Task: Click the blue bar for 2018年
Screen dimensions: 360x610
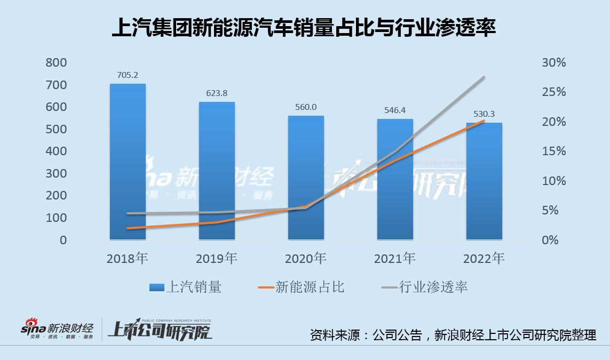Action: [x=128, y=160]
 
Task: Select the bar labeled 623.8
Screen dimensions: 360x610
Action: [x=217, y=171]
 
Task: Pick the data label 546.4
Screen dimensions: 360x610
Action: [x=395, y=110]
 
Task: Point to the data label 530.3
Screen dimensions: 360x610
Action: [x=484, y=114]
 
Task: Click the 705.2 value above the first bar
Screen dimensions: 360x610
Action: [x=128, y=75]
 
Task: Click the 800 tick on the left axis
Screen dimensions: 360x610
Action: [x=56, y=63]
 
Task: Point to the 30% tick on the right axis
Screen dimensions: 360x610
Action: [x=553, y=63]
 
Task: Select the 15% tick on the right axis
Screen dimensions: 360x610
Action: [x=553, y=151]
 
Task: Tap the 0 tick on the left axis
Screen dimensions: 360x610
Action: [x=63, y=241]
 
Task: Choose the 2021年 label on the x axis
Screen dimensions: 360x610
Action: [x=395, y=259]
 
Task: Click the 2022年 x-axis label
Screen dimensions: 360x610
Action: [x=484, y=259]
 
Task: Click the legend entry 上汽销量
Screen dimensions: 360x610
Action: [x=186, y=287]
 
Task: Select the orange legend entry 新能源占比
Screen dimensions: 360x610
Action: [x=302, y=287]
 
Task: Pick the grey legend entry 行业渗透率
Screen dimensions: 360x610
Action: [x=425, y=287]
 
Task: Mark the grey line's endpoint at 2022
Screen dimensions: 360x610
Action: [x=484, y=77]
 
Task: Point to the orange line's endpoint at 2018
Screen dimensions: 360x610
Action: [x=128, y=228]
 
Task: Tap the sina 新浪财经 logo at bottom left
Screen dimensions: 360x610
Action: [x=57, y=330]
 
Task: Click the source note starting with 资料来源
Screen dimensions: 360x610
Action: [x=453, y=335]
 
